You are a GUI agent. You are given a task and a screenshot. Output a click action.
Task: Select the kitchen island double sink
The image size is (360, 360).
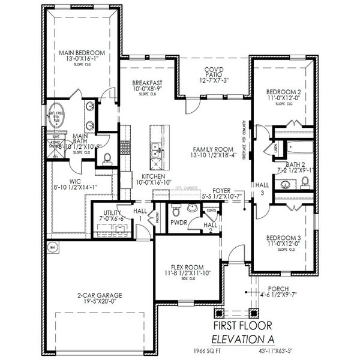[x=156, y=152]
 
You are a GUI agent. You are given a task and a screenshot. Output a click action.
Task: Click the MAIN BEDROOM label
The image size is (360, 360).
[x=82, y=53]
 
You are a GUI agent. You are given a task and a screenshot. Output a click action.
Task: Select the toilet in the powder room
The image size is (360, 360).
[x=176, y=212]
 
